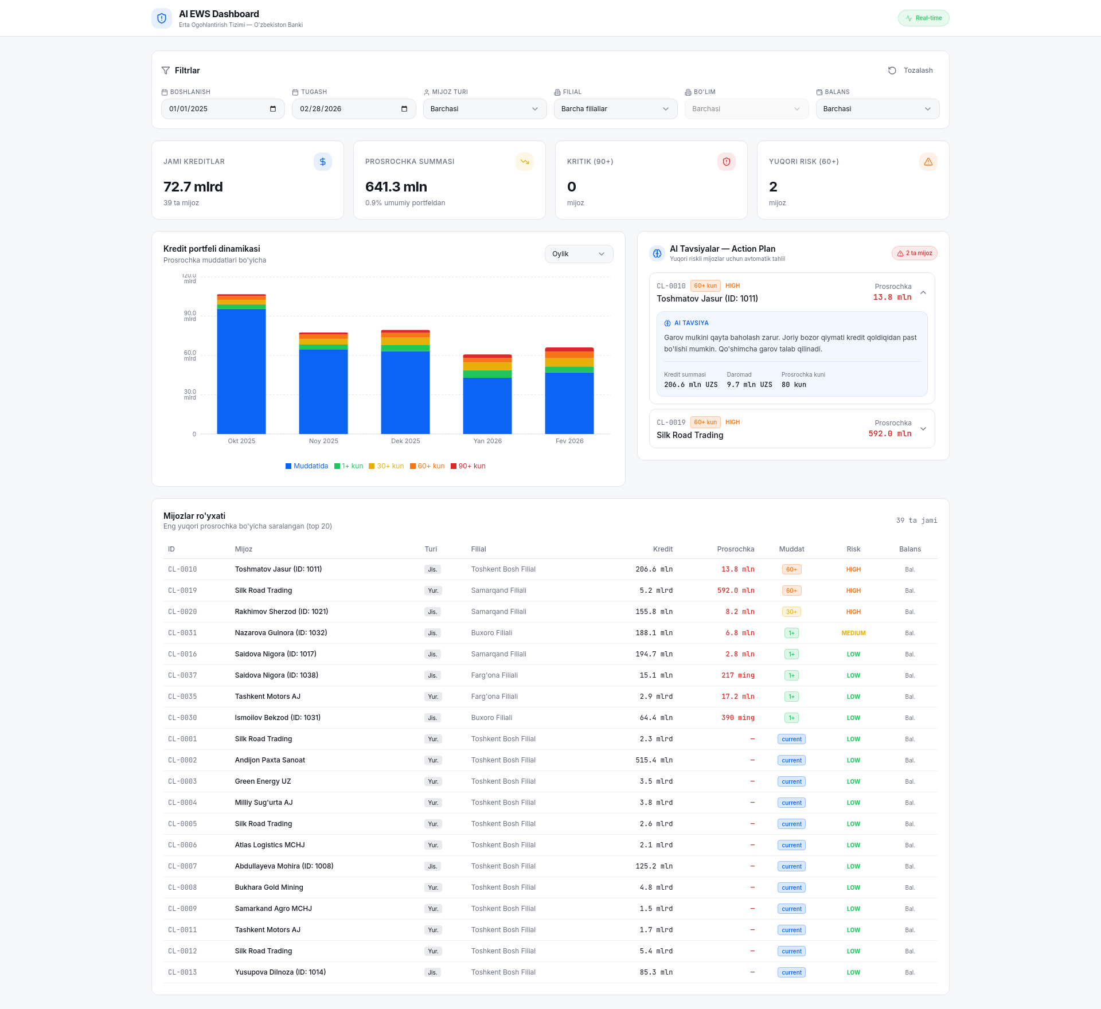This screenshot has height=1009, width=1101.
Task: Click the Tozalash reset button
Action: pyautogui.click(x=911, y=71)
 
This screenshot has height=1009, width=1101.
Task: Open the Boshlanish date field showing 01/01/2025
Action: pyautogui.click(x=222, y=109)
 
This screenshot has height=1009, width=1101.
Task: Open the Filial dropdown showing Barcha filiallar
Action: pyautogui.click(x=615, y=109)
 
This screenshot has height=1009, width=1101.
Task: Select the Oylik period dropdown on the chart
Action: pyautogui.click(x=579, y=254)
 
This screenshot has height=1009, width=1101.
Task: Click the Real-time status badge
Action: pyautogui.click(x=923, y=18)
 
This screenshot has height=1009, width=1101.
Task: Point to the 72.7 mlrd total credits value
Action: pyautogui.click(x=193, y=187)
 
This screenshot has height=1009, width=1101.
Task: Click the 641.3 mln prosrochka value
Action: pyautogui.click(x=396, y=187)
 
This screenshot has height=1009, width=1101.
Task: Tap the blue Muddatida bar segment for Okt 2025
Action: pyautogui.click(x=241, y=371)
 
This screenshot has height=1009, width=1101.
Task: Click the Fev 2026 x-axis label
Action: pyautogui.click(x=569, y=441)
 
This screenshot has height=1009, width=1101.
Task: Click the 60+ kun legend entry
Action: pyautogui.click(x=427, y=466)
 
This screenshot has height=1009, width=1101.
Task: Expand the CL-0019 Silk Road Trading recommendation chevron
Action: pyautogui.click(x=923, y=429)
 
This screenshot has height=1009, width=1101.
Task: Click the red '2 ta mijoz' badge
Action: pyautogui.click(x=915, y=253)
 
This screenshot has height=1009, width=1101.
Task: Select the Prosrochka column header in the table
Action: pyautogui.click(x=736, y=549)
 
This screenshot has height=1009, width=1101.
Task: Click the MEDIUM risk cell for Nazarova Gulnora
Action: pyautogui.click(x=853, y=633)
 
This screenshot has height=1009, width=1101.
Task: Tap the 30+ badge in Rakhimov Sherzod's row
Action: pyautogui.click(x=791, y=612)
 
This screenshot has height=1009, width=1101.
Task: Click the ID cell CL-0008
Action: pyautogui.click(x=182, y=887)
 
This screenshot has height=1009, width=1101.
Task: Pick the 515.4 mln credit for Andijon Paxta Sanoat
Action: pyautogui.click(x=654, y=760)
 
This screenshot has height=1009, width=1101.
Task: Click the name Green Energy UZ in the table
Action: pyautogui.click(x=263, y=781)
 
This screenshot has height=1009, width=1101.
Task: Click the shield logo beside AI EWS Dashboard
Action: pyautogui.click(x=162, y=18)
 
